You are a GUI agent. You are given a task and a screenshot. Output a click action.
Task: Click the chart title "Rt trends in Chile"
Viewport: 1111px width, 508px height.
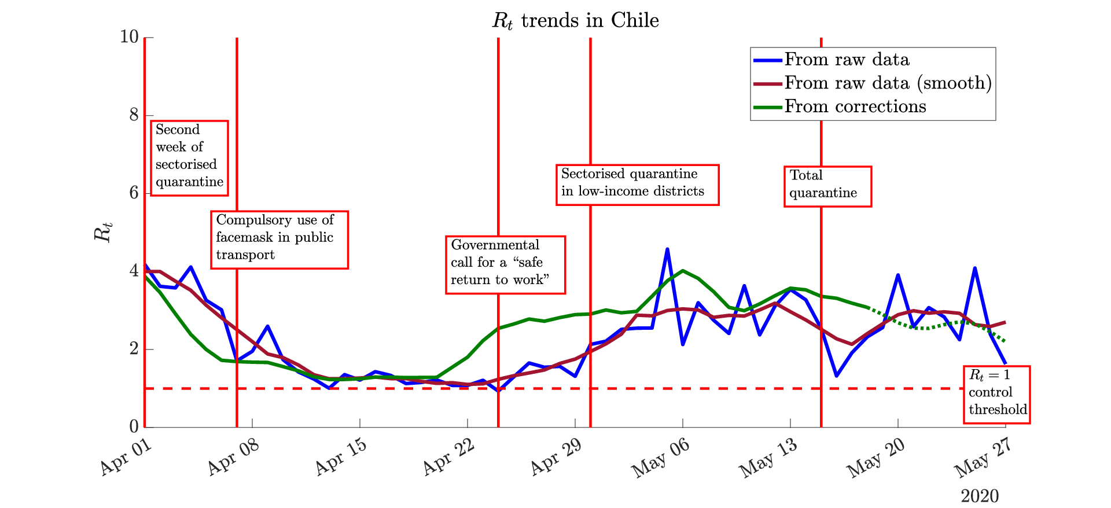pos(575,21)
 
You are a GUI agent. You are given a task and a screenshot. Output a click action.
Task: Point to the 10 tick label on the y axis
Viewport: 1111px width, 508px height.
pos(130,37)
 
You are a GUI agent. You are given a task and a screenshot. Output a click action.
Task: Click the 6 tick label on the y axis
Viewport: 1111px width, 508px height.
pos(134,193)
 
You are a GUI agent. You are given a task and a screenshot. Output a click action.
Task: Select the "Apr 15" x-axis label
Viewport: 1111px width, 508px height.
pos(341,457)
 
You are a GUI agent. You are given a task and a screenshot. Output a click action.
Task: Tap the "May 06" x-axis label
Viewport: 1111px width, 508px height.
pos(660,458)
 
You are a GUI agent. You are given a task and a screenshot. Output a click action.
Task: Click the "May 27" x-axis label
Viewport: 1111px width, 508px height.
pos(983,458)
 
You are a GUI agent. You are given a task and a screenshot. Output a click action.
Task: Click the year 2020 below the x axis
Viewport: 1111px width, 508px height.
pos(980,496)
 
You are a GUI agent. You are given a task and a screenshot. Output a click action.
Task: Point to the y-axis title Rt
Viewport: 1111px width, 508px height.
pos(103,232)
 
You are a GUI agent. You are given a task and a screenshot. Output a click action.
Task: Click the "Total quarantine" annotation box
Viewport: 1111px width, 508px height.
pos(827,186)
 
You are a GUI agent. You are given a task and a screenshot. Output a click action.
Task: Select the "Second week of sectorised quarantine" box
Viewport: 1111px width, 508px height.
pos(189,158)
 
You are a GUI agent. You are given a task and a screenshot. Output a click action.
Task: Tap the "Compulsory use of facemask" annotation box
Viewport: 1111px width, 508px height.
pos(279,240)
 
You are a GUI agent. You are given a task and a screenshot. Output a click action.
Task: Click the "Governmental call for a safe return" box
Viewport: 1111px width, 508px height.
pos(505,264)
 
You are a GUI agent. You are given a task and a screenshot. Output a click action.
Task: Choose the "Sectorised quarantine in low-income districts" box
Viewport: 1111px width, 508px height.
pos(637,185)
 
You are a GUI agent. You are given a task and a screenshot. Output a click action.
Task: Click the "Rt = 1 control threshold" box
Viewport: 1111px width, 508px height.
pos(996,395)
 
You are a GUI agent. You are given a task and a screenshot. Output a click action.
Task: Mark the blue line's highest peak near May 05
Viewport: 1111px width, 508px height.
pos(667,249)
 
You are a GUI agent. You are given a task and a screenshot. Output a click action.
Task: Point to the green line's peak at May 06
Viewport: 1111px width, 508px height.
pos(683,270)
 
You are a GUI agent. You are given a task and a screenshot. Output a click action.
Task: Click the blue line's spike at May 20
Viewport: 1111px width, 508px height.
pos(898,275)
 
